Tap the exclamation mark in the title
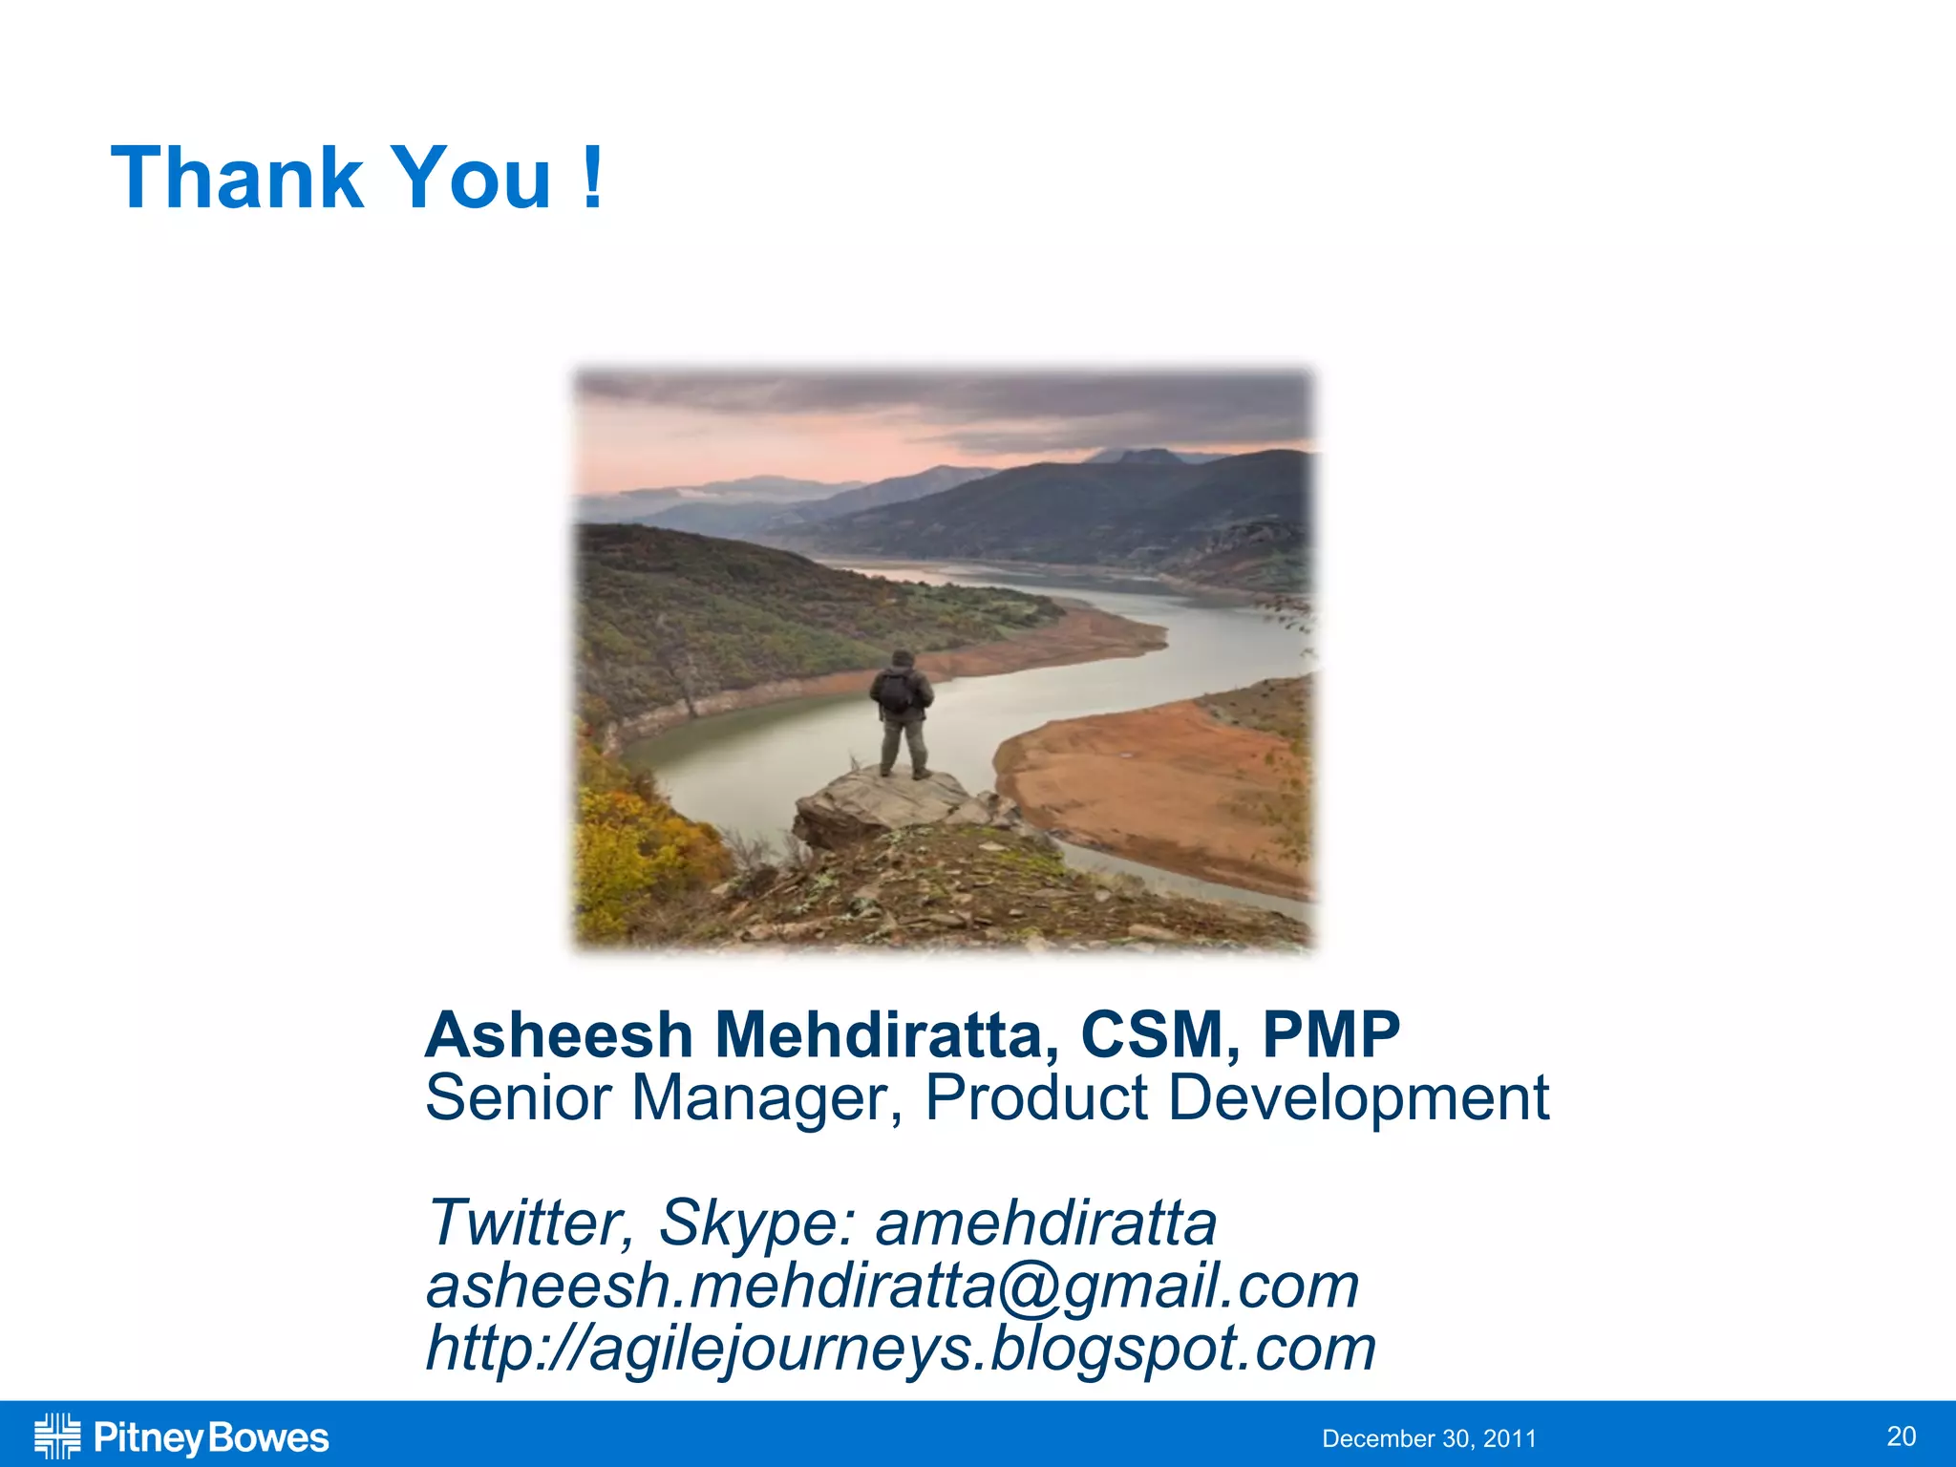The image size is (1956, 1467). (592, 178)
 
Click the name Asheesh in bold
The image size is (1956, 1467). (559, 1035)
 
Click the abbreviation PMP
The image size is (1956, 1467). (1330, 1035)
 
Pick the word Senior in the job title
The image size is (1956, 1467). (518, 1098)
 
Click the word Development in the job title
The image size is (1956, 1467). (1358, 1098)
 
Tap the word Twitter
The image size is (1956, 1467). (528, 1222)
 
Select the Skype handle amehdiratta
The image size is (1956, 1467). (1046, 1222)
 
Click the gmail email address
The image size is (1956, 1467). (892, 1286)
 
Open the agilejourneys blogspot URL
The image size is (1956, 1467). (900, 1349)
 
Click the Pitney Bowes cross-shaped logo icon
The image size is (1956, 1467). (57, 1436)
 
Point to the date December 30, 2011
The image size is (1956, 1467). (1429, 1438)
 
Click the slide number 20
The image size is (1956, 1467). (1901, 1436)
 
